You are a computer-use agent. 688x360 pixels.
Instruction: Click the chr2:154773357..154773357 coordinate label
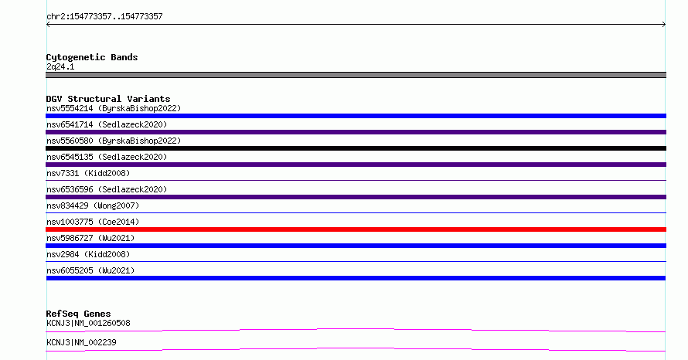point(104,17)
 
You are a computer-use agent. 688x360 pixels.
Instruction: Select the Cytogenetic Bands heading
point(92,57)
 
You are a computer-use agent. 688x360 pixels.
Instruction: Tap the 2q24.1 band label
point(60,66)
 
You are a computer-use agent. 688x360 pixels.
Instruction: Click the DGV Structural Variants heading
point(108,99)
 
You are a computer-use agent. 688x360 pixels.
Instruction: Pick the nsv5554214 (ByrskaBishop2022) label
point(114,108)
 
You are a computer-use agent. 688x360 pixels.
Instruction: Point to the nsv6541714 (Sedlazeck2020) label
point(107,124)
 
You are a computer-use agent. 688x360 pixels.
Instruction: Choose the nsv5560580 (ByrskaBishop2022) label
point(114,141)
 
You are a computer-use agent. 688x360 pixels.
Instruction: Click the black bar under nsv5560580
point(356,148)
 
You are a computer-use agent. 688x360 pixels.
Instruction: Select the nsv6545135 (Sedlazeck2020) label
point(107,157)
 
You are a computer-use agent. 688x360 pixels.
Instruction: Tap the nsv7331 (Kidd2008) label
point(88,173)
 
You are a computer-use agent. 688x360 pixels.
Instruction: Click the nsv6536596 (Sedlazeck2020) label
point(107,189)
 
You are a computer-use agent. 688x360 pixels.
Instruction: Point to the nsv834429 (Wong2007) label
point(93,205)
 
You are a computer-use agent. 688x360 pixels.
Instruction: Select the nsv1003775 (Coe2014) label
point(93,222)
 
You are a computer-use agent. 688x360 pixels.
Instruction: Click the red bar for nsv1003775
point(356,229)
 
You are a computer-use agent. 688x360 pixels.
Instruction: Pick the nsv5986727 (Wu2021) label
point(90,238)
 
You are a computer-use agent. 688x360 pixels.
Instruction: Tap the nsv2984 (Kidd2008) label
point(88,254)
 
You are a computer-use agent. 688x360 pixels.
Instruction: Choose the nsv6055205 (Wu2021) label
point(90,270)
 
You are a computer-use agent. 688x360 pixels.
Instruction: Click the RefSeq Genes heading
point(78,314)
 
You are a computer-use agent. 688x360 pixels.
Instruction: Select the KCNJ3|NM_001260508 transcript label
point(88,323)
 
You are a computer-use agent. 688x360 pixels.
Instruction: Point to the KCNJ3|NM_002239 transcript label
point(81,342)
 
